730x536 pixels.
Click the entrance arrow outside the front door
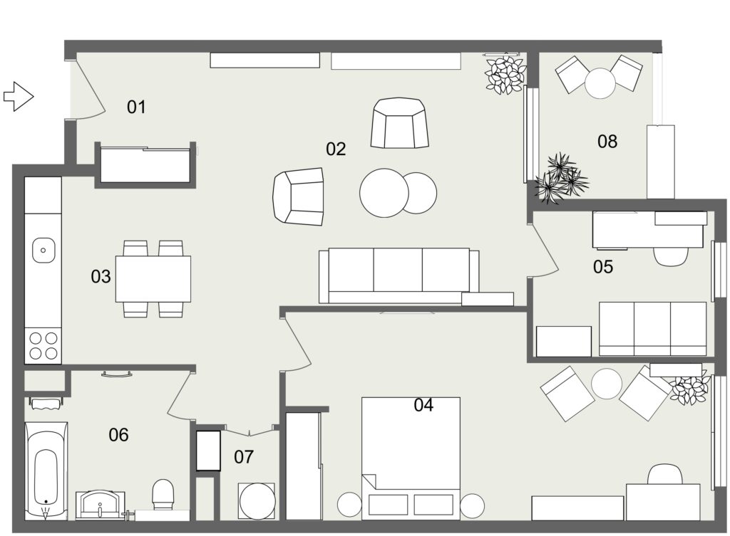coord(19,97)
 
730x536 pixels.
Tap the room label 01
coord(136,107)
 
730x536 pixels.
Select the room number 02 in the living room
coord(336,149)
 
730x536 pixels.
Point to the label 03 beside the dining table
coord(101,277)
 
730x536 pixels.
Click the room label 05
coord(603,267)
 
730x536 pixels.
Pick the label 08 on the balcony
coord(607,142)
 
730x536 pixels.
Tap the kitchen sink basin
coord(43,250)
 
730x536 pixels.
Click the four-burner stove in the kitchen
coord(43,345)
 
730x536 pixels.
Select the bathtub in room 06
coord(46,471)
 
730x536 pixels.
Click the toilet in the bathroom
coord(163,495)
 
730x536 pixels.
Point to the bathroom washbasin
coord(100,505)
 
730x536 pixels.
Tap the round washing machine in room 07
coord(257,501)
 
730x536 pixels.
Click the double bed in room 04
coord(411,458)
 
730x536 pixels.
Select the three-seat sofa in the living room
coord(399,275)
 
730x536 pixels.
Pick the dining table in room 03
coord(153,279)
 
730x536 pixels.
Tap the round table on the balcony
coord(600,83)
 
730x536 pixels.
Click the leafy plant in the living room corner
coord(505,74)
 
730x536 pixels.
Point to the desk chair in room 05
coord(671,256)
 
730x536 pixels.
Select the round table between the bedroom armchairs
coord(607,384)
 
